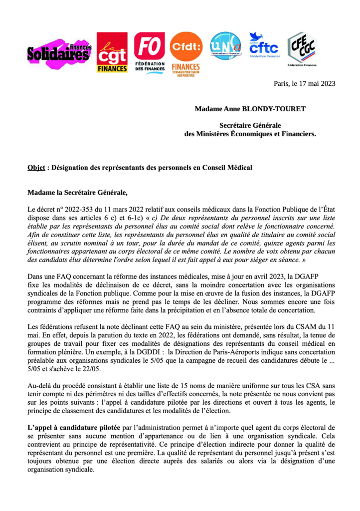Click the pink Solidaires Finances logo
(x=59, y=52)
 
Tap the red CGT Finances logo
(x=112, y=52)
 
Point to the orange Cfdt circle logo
(x=186, y=47)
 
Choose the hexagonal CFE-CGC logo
(x=302, y=47)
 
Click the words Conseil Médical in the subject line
(x=227, y=168)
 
